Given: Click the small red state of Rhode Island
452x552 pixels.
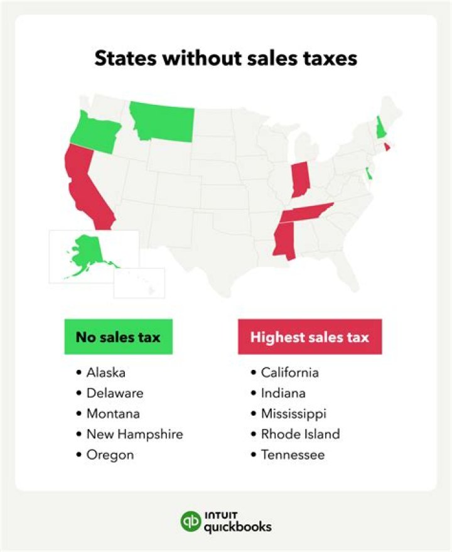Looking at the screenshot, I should [x=387, y=147].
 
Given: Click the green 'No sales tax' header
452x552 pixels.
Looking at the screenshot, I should [x=118, y=337].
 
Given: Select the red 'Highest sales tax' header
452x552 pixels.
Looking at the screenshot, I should [x=309, y=337].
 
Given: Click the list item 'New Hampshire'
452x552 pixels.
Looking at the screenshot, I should [x=135, y=434].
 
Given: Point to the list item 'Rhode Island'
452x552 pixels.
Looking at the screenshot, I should [x=301, y=434].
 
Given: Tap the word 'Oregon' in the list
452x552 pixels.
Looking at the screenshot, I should [x=110, y=455].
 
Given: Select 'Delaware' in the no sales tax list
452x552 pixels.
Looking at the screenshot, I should [x=115, y=393].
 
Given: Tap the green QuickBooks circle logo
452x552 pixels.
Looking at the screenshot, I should [x=190, y=521].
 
